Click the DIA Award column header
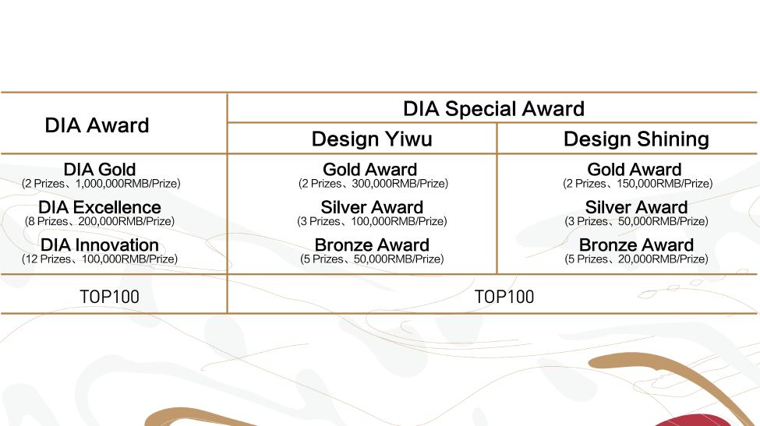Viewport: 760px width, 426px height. pyautogui.click(x=97, y=125)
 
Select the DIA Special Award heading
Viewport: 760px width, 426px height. pyautogui.click(x=494, y=109)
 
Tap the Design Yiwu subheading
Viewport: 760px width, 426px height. pyautogui.click(x=372, y=139)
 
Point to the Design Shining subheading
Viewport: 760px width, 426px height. pyautogui.click(x=636, y=139)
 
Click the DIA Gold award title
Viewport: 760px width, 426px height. pyautogui.click(x=100, y=170)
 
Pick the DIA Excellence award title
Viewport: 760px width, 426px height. pyautogui.click(x=100, y=207)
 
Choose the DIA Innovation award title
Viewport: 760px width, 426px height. pyautogui.click(x=100, y=245)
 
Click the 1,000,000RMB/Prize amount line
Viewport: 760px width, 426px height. pyautogui.click(x=101, y=184)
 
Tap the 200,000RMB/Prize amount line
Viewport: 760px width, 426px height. pyautogui.click(x=100, y=222)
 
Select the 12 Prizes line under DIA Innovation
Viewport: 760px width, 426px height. pyautogui.click(x=100, y=259)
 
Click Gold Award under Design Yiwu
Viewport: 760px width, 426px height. pyautogui.click(x=370, y=170)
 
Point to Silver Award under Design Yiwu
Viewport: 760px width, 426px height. pyautogui.click(x=372, y=207)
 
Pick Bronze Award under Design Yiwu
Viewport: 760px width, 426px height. pyautogui.click(x=372, y=245)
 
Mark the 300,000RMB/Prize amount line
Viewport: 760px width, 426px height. pyautogui.click(x=373, y=184)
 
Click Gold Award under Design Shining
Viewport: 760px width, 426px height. pyautogui.click(x=635, y=170)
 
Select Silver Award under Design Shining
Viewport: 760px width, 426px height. pyautogui.click(x=636, y=207)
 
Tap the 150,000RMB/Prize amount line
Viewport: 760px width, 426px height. pyautogui.click(x=638, y=184)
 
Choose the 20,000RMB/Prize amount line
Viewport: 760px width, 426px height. pyautogui.click(x=636, y=259)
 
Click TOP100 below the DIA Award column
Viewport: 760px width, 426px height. pyautogui.click(x=110, y=297)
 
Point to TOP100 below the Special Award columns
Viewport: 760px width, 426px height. pyautogui.click(x=504, y=297)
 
